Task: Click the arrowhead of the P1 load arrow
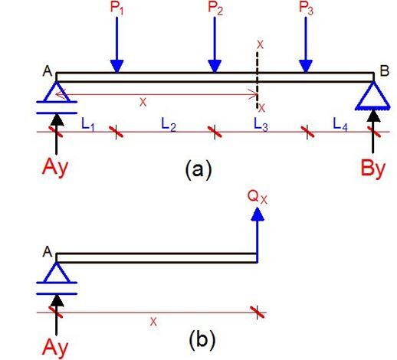click(117, 67)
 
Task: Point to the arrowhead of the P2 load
click(215, 67)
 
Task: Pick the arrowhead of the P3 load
click(306, 67)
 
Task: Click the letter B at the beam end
click(385, 70)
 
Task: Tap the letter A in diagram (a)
click(48, 71)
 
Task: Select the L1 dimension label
click(88, 124)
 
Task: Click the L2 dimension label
click(169, 124)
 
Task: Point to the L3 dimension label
click(261, 124)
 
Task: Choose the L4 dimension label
click(340, 124)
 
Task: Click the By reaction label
click(372, 169)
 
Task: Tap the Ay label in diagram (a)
click(55, 168)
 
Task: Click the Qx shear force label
click(258, 198)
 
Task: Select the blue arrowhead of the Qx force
click(258, 214)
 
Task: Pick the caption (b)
click(202, 340)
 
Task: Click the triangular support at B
click(373, 96)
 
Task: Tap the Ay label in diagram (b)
click(55, 348)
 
